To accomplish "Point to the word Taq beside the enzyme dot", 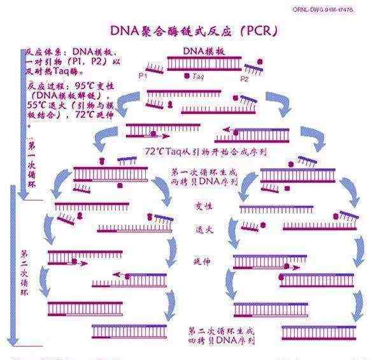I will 197,76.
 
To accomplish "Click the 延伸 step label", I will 202,261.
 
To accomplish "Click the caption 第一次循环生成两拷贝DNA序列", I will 204,176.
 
